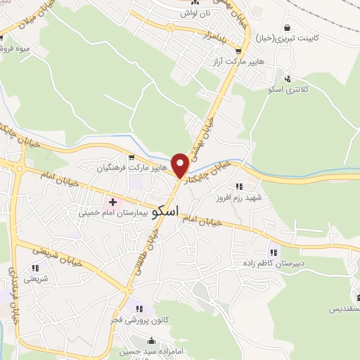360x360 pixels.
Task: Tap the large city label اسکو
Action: click(165, 210)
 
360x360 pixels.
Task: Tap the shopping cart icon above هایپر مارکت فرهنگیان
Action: click(131, 157)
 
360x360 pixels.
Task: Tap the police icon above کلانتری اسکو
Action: click(287, 79)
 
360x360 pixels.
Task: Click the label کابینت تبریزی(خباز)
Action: click(286, 37)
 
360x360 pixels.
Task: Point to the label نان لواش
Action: click(194, 13)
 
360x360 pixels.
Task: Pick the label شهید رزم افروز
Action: click(239, 198)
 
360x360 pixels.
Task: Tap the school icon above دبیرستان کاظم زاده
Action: click(274, 252)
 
